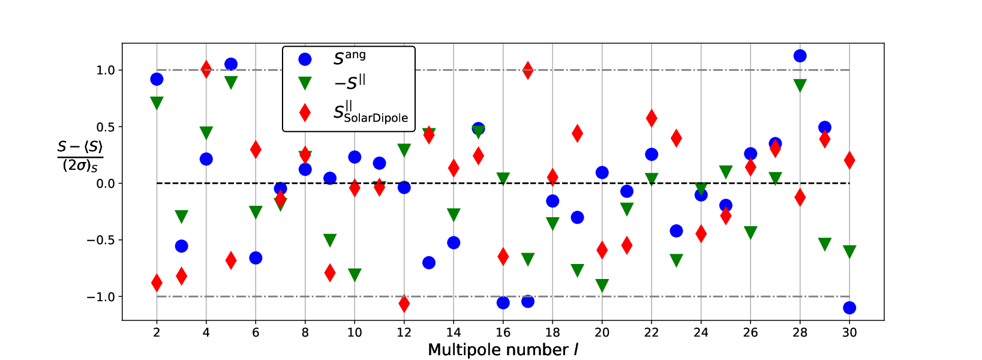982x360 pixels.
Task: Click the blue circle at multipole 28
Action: tap(800, 56)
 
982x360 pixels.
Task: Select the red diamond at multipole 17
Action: tap(528, 70)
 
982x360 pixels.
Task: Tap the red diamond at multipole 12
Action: tap(404, 304)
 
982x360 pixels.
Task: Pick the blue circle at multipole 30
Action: tap(849, 308)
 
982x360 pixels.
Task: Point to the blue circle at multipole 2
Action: tap(157, 79)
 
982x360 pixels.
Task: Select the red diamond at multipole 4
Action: tap(206, 69)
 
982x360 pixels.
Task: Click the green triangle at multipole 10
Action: tap(355, 275)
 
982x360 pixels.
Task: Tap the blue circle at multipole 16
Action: tap(503, 302)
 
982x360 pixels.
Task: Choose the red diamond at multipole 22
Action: tap(651, 118)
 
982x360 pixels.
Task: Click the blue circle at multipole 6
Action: tap(256, 258)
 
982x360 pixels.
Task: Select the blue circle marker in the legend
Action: tap(305, 59)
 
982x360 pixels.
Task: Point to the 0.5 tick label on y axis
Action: tap(106, 127)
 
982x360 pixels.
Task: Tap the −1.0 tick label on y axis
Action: tap(100, 297)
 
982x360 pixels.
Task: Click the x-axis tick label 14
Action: tap(454, 332)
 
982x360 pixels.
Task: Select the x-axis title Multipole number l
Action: tap(503, 350)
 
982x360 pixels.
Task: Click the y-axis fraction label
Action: tap(80, 157)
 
